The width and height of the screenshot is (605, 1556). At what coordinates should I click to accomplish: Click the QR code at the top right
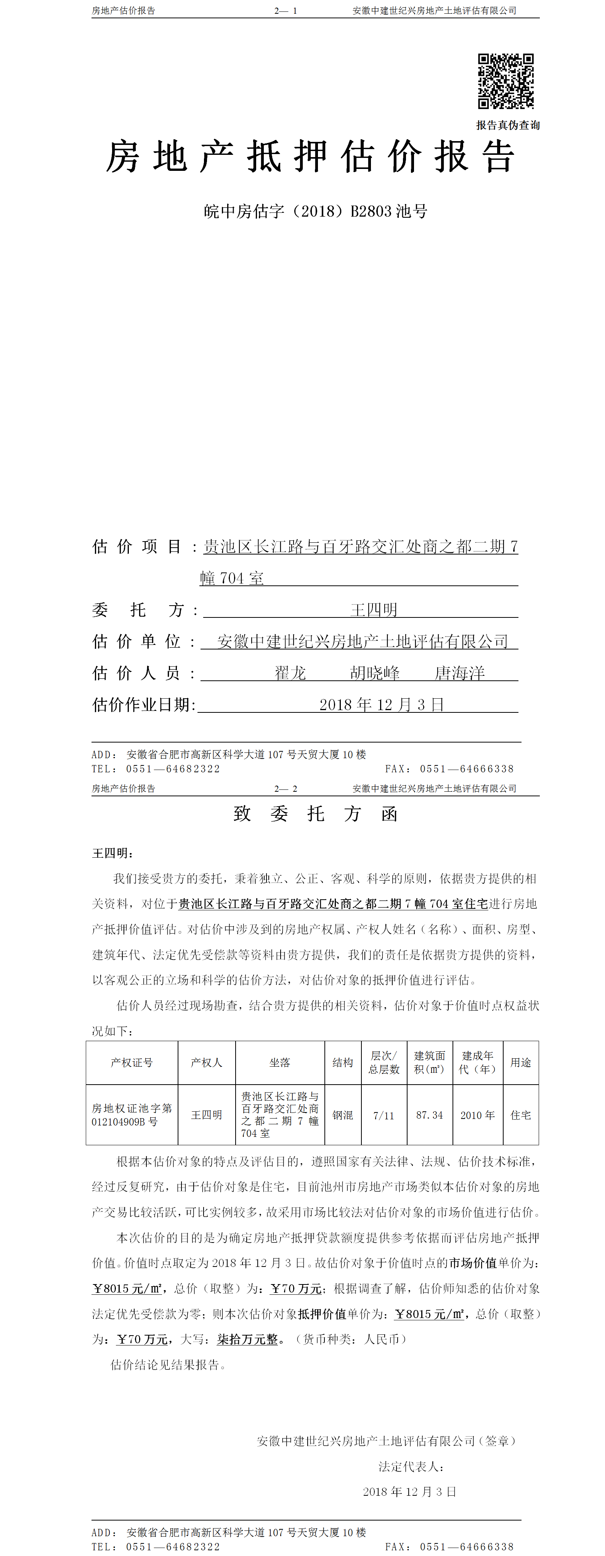point(506,82)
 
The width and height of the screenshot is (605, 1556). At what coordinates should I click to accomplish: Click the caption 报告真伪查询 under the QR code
point(508,125)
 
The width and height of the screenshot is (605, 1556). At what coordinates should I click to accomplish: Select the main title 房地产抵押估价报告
point(310,157)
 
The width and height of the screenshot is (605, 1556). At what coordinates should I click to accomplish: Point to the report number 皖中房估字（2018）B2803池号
point(315,211)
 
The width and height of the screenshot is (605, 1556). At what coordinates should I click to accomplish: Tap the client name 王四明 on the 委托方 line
point(374,610)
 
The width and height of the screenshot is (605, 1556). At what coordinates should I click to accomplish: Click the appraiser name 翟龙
point(290,673)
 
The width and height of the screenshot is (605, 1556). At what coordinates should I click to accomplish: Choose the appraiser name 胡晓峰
point(375,673)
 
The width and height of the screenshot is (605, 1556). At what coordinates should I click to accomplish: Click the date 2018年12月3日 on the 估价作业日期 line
point(382,705)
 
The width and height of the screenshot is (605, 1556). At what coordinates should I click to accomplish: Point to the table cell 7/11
point(384,1115)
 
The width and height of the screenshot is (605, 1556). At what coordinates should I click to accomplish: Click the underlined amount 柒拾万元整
point(247,1339)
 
